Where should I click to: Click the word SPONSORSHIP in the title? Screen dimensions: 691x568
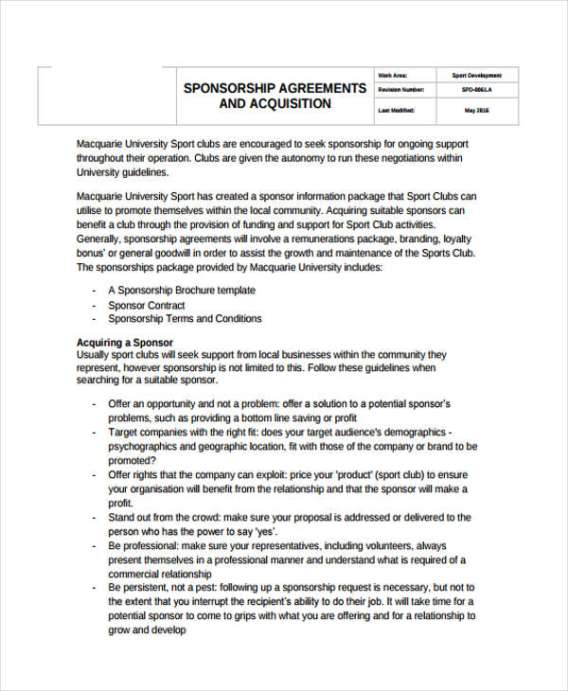(228, 88)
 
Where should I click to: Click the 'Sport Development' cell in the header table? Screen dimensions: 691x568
(476, 75)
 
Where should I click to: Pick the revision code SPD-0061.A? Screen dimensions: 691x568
(476, 92)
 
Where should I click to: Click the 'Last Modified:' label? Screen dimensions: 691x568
(397, 110)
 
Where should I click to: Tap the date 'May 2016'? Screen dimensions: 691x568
(476, 110)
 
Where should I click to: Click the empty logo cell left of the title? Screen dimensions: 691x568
(99, 95)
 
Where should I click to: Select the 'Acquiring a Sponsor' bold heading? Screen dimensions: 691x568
(123, 342)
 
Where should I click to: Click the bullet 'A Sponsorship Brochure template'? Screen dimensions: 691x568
(181, 291)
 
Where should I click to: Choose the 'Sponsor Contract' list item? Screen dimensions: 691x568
(146, 306)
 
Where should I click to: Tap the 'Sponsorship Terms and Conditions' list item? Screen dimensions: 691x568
(185, 320)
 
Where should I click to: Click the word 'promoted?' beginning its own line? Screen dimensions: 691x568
(133, 460)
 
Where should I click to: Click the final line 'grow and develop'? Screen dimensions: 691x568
(147, 630)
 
